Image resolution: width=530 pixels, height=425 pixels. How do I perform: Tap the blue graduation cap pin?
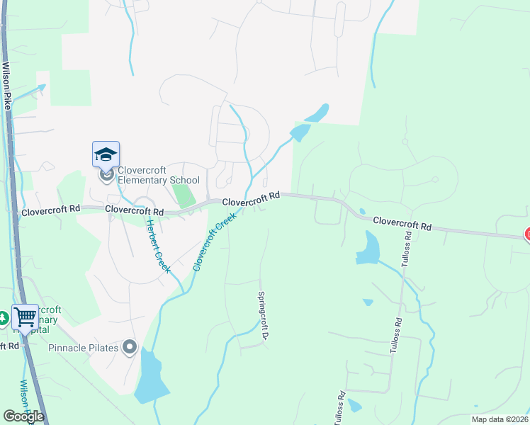pos(106,154)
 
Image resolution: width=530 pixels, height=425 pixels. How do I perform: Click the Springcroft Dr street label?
pos(261,316)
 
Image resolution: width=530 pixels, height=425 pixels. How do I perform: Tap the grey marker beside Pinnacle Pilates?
pos(129,347)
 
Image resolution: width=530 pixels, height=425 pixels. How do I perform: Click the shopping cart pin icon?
pos(25,317)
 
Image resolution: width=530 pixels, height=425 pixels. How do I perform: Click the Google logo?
pos(23,416)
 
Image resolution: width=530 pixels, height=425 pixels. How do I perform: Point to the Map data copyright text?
pos(500,419)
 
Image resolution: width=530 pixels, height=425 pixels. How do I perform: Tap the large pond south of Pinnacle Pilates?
pos(150,375)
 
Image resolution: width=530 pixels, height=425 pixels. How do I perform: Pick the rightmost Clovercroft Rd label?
pos(402,223)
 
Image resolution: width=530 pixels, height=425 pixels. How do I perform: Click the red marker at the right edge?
pos(527,234)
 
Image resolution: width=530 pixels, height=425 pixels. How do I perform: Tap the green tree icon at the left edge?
pos(4,319)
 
